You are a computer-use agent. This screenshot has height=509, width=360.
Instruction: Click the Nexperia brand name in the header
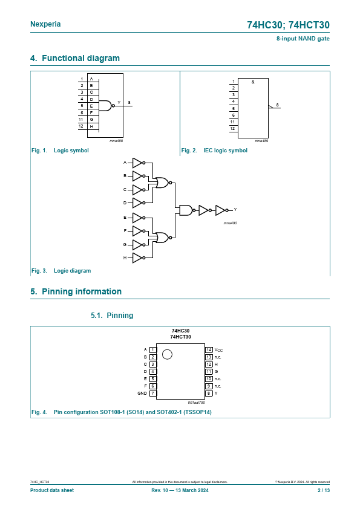tap(45, 24)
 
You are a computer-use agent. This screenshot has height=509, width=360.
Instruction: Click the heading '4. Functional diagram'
tap(75, 58)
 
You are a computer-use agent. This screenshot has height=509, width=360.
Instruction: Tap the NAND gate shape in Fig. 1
tap(106, 106)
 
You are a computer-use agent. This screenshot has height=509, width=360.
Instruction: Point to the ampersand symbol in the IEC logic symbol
tap(253, 82)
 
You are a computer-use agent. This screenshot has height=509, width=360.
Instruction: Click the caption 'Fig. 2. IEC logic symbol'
tap(214, 151)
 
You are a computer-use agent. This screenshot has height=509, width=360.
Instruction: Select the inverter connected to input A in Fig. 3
tap(139, 163)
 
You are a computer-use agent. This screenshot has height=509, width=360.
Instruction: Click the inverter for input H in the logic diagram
tap(139, 258)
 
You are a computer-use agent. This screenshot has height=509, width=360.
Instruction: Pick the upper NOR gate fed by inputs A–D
tap(163, 183)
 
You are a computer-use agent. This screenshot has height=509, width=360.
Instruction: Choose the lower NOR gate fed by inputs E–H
tap(163, 238)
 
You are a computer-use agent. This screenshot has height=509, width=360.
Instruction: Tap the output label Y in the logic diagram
tap(235, 209)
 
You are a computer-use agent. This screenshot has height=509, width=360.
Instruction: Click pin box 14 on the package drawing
tap(209, 350)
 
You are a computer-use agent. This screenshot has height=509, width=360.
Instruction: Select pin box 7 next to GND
tap(152, 394)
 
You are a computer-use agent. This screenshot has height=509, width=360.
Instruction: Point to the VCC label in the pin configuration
tap(218, 350)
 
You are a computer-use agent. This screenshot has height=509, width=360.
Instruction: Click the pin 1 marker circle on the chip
tap(167, 354)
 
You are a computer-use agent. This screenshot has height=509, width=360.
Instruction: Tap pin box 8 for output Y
tap(209, 394)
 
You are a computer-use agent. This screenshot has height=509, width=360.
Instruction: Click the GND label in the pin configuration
tap(142, 394)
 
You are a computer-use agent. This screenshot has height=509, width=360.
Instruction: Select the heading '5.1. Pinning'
tap(112, 315)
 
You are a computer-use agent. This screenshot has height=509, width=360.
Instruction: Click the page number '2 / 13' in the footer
tap(324, 490)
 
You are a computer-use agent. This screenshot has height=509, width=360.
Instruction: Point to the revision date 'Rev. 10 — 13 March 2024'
tap(180, 490)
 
